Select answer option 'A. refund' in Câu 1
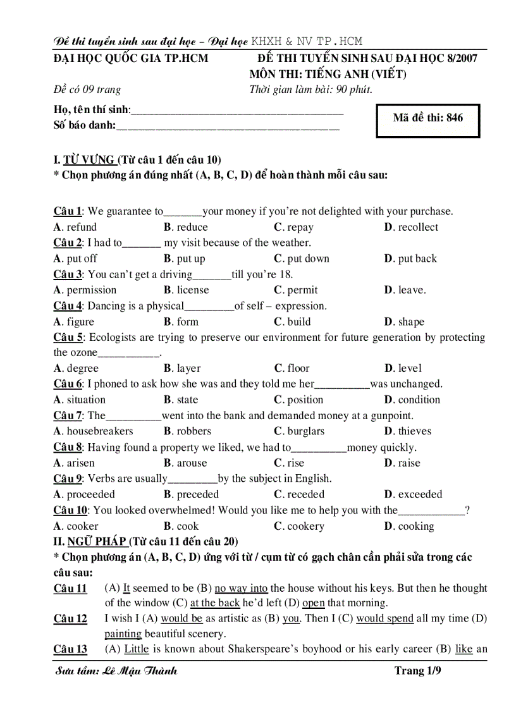(75, 227)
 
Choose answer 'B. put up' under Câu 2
(184, 259)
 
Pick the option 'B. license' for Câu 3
(186, 290)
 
